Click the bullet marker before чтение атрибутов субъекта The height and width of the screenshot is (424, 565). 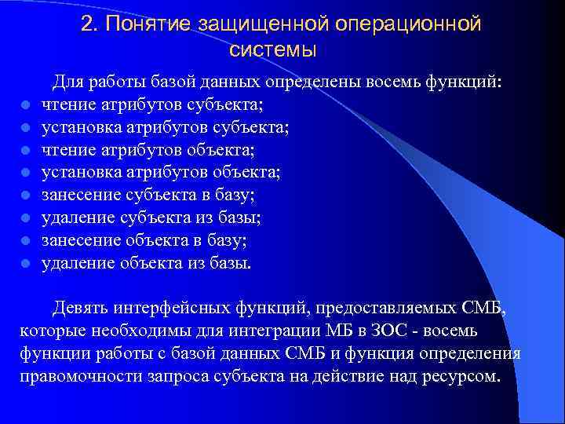coord(26,104)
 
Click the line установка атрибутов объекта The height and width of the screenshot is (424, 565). coord(161,172)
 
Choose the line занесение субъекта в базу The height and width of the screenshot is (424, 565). coord(149,195)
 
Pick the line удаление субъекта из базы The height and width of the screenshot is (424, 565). coord(147,217)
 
